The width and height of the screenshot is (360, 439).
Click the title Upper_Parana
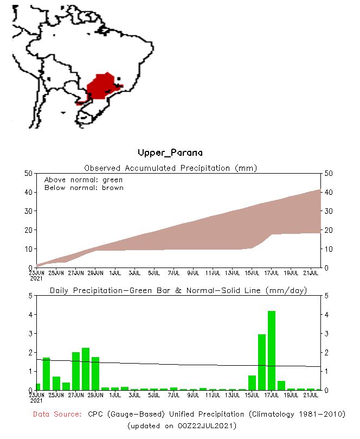pyautogui.click(x=170, y=153)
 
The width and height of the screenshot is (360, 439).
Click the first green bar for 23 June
pyautogui.click(x=38, y=386)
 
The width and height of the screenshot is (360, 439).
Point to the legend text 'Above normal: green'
pyautogui.click(x=83, y=180)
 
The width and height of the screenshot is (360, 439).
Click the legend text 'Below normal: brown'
pyautogui.click(x=84, y=188)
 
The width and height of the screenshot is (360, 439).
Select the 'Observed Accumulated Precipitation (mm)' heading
pyautogui.click(x=170, y=168)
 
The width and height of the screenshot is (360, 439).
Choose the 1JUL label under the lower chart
pyautogui.click(x=115, y=395)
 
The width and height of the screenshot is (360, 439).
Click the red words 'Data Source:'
pyautogui.click(x=59, y=414)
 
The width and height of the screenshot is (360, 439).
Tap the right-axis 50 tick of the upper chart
pyautogui.click(x=328, y=173)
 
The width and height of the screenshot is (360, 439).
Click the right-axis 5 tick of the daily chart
pyautogui.click(x=326, y=296)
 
